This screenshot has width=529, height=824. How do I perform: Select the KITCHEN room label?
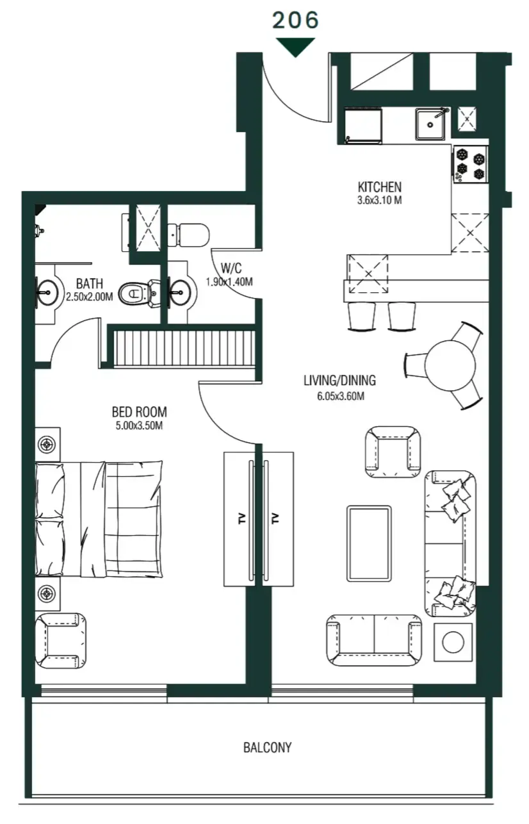379,188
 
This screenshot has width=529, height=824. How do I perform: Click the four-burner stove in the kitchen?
471,164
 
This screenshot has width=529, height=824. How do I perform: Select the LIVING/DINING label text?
339,381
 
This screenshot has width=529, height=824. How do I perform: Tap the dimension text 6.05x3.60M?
339,397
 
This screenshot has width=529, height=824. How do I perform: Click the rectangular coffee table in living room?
369,543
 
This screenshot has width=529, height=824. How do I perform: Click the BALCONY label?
267,747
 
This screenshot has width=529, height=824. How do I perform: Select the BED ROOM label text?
139,412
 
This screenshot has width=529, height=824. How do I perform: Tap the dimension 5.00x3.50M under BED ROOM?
139,426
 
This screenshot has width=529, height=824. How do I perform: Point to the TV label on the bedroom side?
242,519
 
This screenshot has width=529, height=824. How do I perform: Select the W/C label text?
228,268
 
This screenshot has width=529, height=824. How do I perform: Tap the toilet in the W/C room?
188,235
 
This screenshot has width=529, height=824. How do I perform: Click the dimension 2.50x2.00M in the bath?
89,297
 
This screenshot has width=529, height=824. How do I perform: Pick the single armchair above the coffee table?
393,450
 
